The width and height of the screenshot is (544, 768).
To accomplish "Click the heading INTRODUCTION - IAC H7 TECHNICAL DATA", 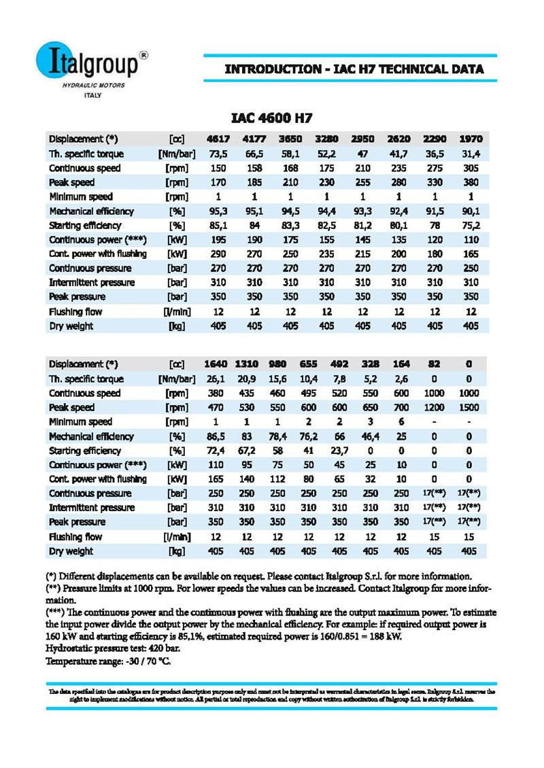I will [x=354, y=69].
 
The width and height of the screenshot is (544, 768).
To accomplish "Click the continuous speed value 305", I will [x=471, y=168].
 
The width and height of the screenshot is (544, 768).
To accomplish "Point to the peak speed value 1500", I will [x=469, y=408].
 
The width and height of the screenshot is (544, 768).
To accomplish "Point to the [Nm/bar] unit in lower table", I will [x=176, y=379].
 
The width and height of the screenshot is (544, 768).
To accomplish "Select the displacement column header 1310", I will [x=247, y=364].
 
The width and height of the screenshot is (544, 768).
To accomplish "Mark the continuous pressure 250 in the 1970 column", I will [x=471, y=268].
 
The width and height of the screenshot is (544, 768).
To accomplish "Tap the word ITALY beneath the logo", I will [x=91, y=96].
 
